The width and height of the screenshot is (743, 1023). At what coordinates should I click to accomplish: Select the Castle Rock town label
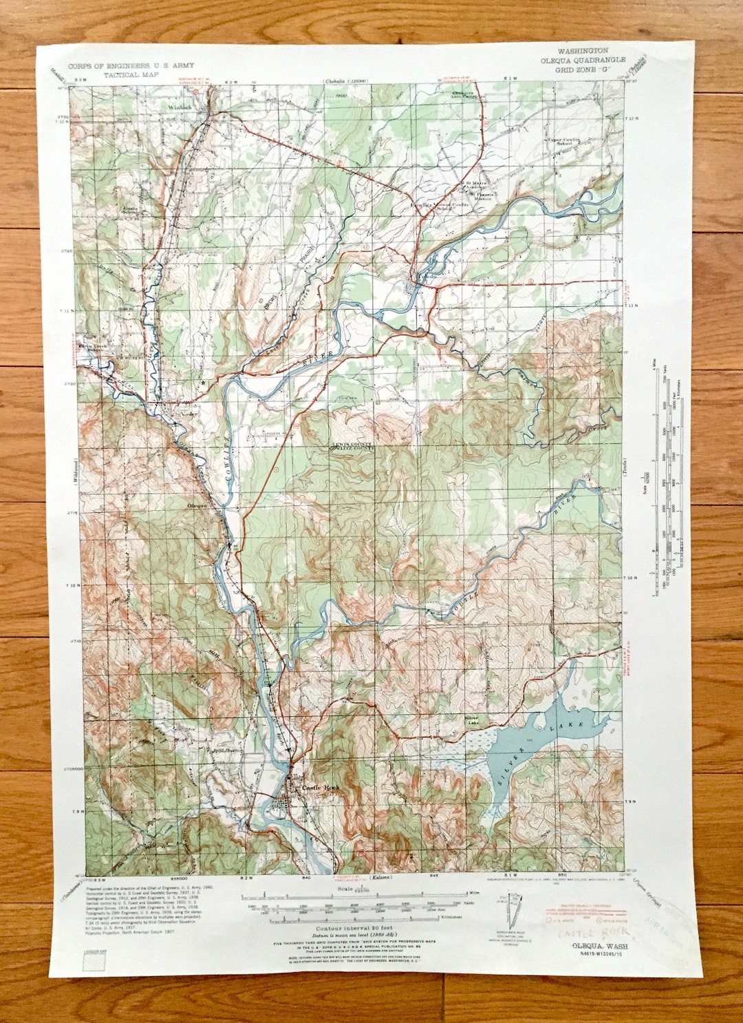click(321, 787)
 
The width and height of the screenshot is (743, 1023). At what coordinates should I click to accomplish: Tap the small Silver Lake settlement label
click(473, 719)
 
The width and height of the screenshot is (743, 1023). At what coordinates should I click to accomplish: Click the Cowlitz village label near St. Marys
click(421, 205)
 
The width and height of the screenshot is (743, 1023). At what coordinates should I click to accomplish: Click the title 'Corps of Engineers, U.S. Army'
click(131, 65)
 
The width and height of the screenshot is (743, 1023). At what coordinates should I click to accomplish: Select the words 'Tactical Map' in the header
click(131, 74)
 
